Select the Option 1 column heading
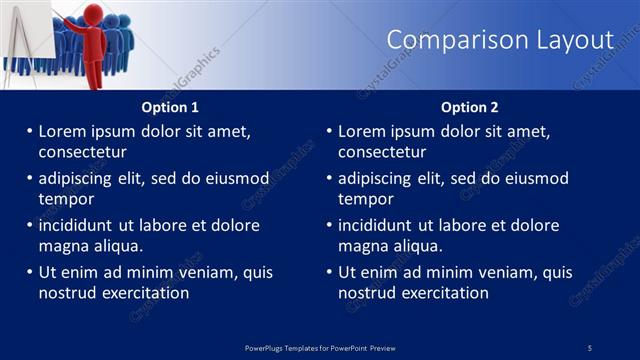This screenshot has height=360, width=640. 170,107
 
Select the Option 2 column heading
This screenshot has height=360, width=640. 470,107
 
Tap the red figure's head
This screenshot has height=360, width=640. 95,13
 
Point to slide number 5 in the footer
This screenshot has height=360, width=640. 590,347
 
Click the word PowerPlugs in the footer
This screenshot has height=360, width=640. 267,347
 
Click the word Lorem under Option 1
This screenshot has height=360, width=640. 62,131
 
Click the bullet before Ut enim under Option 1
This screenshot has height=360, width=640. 29,272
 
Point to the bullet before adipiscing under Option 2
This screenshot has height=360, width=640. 329,179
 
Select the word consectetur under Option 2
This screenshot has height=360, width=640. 382,152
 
